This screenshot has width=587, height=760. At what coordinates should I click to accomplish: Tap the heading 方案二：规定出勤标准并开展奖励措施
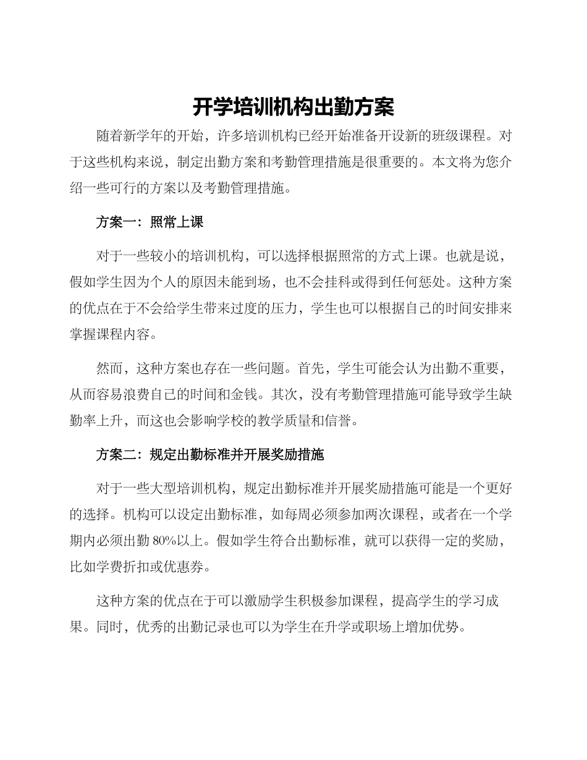point(209,455)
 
